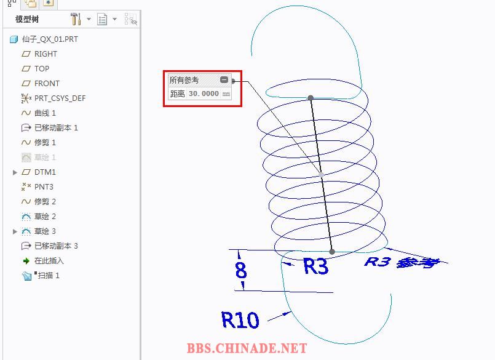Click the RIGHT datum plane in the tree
46,54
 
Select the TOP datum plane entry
42,69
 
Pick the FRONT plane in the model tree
47,84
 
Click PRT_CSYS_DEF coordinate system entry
60,98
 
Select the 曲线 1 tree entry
45,113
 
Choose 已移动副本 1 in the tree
56,128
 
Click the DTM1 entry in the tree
45,172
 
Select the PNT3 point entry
44,187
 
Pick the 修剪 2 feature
45,202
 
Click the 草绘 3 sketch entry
45,231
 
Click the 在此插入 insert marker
49,261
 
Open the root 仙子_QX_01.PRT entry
50,39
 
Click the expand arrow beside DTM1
15,172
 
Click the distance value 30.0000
204,94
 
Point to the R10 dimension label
240,320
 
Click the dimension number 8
240,270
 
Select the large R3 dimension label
316,266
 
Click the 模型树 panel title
28,20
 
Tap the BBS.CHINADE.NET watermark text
247,348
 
